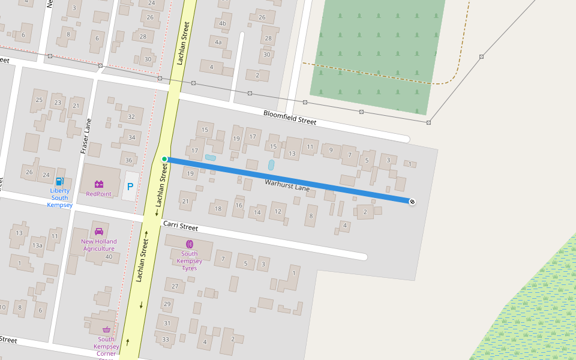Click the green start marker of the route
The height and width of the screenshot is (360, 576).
(164, 159)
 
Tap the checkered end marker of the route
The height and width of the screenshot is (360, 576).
(412, 202)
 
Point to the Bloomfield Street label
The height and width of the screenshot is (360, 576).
(290, 117)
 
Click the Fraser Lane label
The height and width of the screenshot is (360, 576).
(86, 136)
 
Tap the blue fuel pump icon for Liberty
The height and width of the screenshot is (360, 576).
(59, 181)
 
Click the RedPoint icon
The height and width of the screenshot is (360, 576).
(99, 184)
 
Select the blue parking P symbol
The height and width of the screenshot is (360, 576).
(130, 187)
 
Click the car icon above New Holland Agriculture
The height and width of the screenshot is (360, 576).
(99, 232)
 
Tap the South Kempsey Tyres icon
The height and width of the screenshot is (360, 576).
(190, 244)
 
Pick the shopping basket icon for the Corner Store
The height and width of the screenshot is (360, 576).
(106, 329)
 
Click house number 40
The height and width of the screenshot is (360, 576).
(109, 257)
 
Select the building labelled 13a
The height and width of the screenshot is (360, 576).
(37, 245)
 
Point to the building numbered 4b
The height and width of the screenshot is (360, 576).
(223, 24)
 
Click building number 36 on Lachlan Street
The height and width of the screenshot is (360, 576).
(128, 160)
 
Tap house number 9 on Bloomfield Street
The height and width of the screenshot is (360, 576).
(331, 150)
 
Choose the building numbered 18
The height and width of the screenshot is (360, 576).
(218, 209)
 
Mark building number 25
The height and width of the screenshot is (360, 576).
(40, 100)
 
